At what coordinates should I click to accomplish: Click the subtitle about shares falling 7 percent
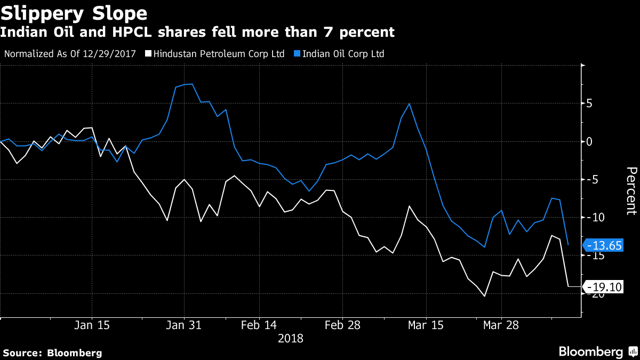point(197,33)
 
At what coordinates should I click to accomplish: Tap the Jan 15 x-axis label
point(92,325)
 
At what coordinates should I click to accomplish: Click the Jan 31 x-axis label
point(183,325)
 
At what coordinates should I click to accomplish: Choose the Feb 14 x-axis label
point(259,325)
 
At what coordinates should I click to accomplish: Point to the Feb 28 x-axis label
point(342,325)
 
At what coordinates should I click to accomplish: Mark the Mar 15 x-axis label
point(426,325)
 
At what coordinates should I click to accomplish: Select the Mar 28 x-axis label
point(501,325)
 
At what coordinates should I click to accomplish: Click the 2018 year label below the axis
point(290,339)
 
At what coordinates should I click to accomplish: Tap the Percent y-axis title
point(631,190)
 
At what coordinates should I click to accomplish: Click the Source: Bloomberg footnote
point(52,353)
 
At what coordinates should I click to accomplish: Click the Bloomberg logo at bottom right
point(597,351)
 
